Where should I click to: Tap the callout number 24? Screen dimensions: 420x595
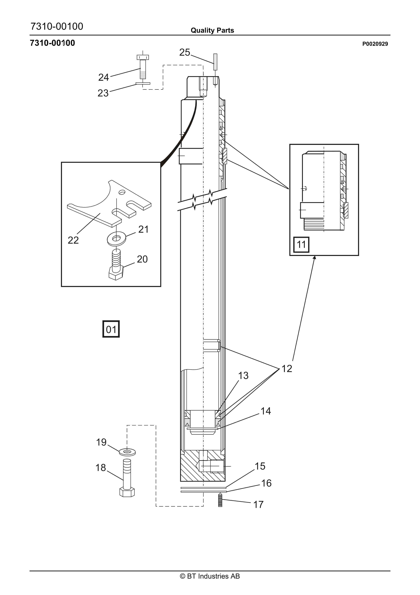pyautogui.click(x=104, y=77)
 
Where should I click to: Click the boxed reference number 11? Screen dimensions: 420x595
pyautogui.click(x=301, y=244)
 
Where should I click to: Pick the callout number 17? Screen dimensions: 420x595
pyautogui.click(x=258, y=504)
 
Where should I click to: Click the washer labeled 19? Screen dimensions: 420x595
pyautogui.click(x=127, y=452)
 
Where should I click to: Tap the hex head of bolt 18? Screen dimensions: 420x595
pyautogui.click(x=127, y=492)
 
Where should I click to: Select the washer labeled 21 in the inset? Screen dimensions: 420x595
pyautogui.click(x=116, y=239)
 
